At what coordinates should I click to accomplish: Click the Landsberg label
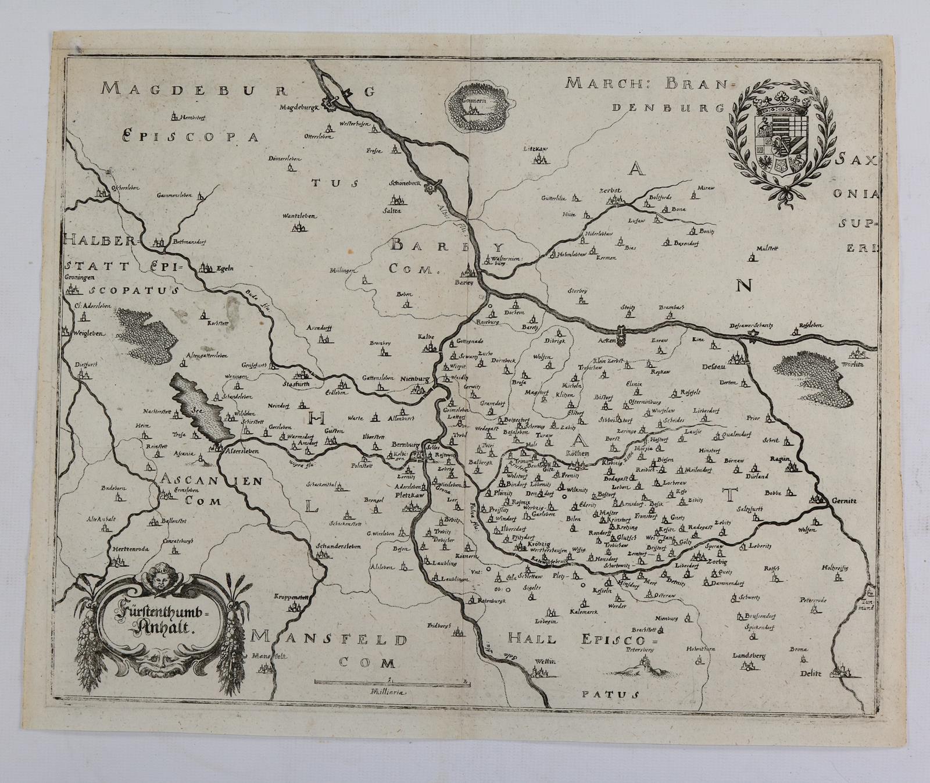[x=750, y=656]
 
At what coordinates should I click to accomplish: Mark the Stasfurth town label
[x=294, y=384]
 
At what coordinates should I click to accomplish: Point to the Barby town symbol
[x=468, y=271]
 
